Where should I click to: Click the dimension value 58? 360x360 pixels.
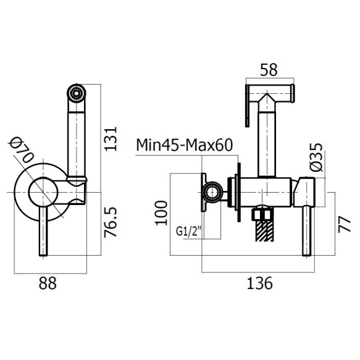[269, 70]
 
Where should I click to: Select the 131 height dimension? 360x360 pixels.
[111, 139]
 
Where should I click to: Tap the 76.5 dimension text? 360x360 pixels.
[111, 222]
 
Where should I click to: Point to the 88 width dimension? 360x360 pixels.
[48, 283]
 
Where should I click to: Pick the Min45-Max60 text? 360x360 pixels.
[185, 145]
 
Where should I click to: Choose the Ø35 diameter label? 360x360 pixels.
[316, 157]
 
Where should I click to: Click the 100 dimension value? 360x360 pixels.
[161, 213]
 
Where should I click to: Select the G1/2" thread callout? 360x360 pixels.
[189, 231]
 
